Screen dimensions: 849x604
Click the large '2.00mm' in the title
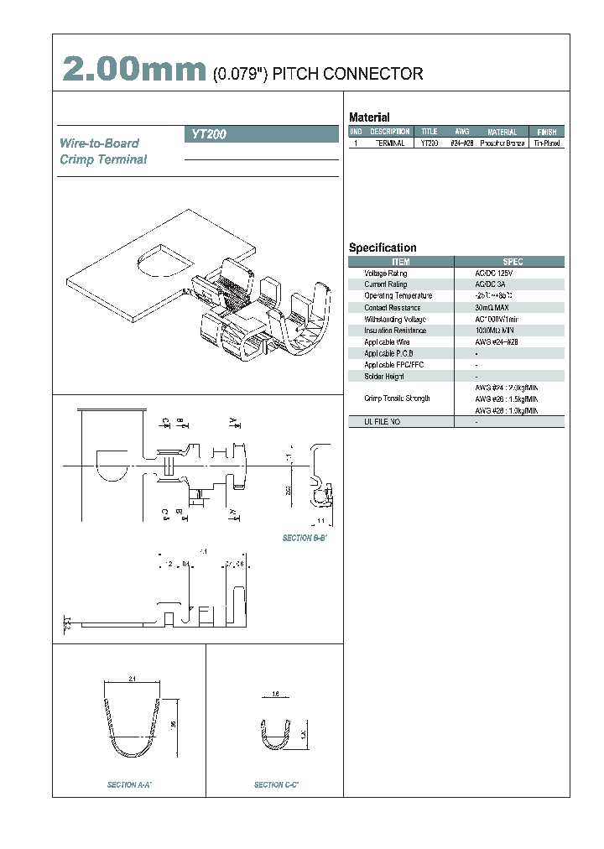(x=133, y=70)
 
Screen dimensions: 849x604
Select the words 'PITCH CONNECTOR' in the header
(x=348, y=75)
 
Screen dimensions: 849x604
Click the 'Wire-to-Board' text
(x=99, y=143)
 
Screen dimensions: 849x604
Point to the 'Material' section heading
(x=369, y=117)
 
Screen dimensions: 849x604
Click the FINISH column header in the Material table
(x=546, y=132)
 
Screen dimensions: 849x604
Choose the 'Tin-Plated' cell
(x=547, y=143)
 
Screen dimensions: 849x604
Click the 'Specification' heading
(x=383, y=247)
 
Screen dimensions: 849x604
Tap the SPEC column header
(x=512, y=262)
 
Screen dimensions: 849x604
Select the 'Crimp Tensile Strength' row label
(x=397, y=398)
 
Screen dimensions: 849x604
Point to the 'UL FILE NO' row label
(x=383, y=421)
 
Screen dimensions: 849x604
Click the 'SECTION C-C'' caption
(x=276, y=784)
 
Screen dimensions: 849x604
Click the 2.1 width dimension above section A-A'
(x=133, y=677)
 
